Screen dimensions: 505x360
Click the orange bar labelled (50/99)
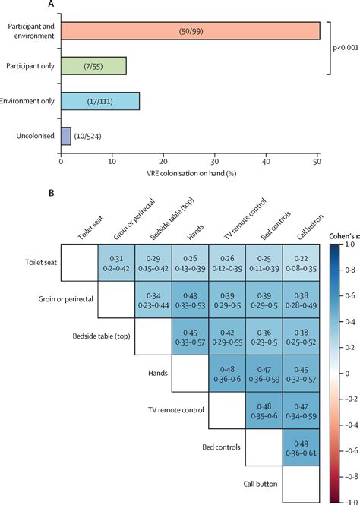coord(190,31)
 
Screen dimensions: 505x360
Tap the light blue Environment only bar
coord(99,101)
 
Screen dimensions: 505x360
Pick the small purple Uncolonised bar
coord(65,136)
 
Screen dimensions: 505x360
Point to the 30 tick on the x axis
coord(214,161)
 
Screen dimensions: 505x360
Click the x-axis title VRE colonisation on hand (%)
coord(189,172)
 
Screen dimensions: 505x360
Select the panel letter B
coord(51,193)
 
